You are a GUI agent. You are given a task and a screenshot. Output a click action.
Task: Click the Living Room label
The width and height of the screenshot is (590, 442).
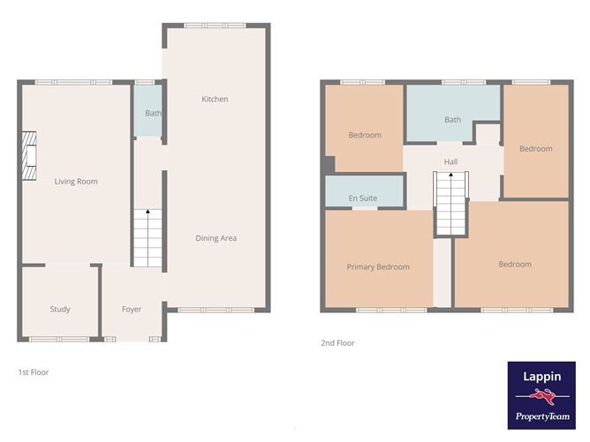point(76,182)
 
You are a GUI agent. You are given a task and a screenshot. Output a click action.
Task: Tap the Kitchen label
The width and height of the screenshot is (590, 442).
point(215,99)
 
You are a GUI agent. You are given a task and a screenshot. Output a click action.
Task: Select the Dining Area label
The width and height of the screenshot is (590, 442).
point(216,238)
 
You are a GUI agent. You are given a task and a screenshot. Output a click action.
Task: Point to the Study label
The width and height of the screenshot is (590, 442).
point(60,310)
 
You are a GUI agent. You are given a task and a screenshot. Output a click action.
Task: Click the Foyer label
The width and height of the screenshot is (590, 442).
point(132,310)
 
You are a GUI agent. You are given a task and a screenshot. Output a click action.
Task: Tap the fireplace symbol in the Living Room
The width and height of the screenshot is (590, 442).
point(29,157)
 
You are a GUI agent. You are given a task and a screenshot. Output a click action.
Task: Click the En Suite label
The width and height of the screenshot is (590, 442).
point(363,199)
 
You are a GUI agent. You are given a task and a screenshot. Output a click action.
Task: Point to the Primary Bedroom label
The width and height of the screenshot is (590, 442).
point(378,266)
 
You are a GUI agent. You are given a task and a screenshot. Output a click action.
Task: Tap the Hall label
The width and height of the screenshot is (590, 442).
point(451,162)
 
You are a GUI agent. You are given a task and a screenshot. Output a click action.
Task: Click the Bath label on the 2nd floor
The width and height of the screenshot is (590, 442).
point(453,120)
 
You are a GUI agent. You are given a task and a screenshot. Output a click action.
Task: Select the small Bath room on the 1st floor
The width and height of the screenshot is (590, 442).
point(153,113)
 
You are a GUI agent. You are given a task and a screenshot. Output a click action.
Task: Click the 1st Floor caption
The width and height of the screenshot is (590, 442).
point(34,372)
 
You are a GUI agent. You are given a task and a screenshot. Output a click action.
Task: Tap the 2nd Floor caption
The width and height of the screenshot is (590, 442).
point(337,343)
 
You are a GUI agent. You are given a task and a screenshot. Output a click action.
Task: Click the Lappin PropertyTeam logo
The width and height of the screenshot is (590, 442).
point(541,394)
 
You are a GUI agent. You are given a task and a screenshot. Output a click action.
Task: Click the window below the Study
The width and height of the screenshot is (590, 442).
point(59,340)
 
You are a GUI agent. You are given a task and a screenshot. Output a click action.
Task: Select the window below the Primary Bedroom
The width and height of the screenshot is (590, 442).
point(379,310)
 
